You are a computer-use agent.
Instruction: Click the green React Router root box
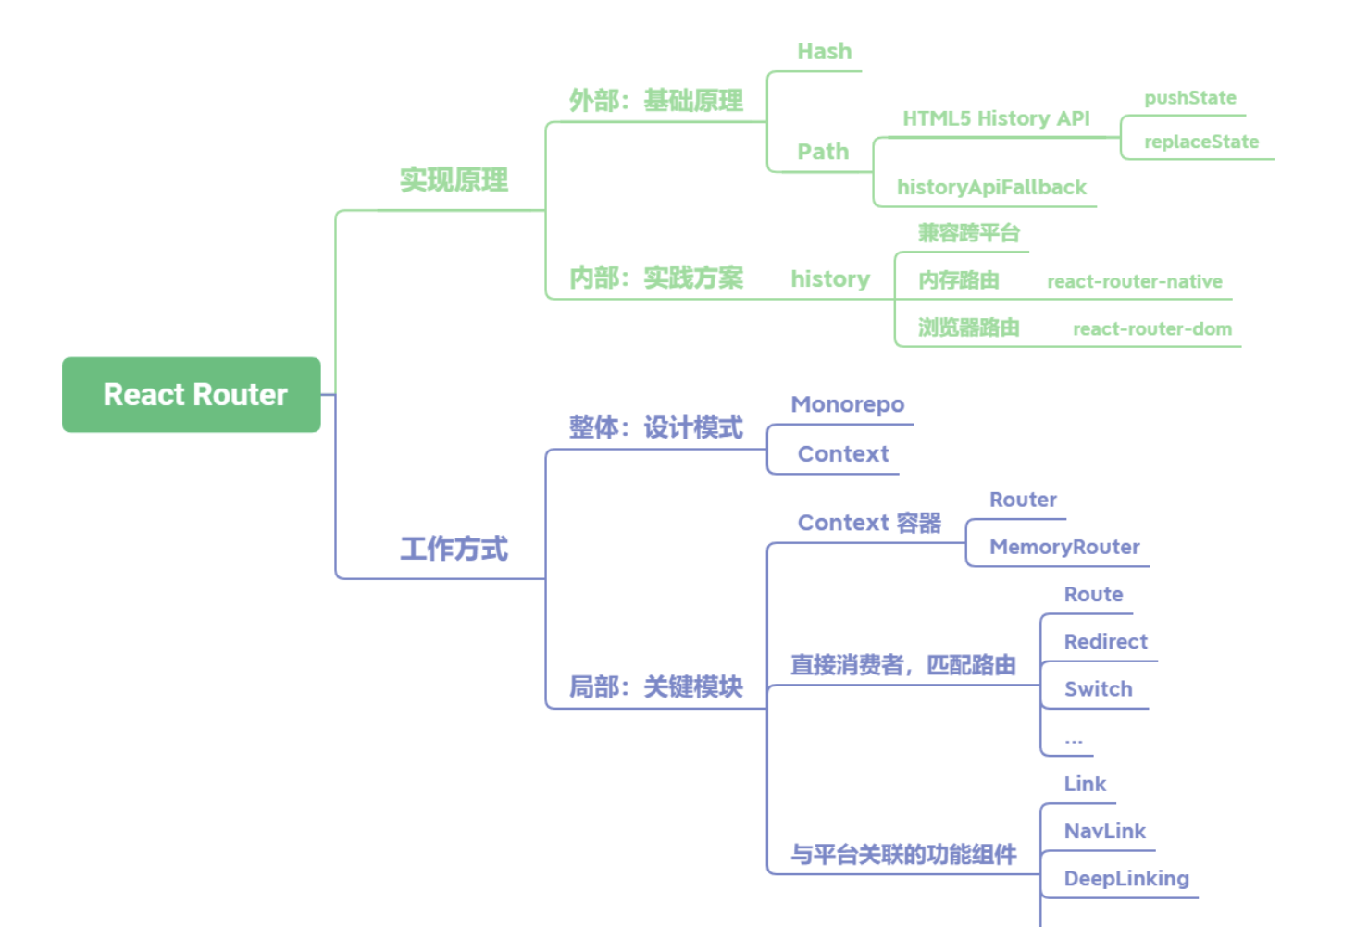[192, 394]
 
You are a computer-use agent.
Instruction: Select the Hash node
[824, 52]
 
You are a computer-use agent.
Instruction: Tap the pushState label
[1189, 98]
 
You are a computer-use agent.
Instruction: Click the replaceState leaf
[1200, 142]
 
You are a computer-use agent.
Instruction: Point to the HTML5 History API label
[996, 118]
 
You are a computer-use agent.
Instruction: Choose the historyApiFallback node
[990, 187]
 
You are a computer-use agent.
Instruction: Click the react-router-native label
[1134, 281]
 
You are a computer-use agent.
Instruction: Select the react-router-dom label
[1151, 328]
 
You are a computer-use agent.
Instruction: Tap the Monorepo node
[847, 404]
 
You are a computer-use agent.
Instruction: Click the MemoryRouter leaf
[1064, 547]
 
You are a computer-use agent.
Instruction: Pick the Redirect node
[1105, 641]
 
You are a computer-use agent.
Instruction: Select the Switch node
[1098, 688]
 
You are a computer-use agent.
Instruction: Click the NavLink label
[1104, 831]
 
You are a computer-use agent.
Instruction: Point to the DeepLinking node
[1125, 878]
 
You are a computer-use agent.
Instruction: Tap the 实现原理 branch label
[454, 179]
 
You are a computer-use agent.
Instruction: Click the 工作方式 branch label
[454, 549]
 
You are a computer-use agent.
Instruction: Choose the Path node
[823, 152]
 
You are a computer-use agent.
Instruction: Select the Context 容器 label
[869, 523]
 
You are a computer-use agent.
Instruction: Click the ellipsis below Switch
[1073, 739]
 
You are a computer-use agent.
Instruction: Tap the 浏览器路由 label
[968, 328]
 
